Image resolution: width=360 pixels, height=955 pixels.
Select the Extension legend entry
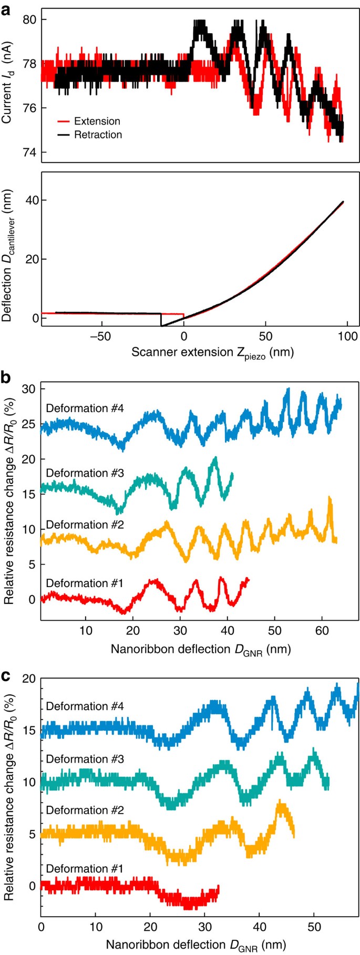pos(97,121)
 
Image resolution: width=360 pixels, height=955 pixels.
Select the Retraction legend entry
pos(98,135)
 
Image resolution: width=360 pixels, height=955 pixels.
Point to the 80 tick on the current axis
pos(30,20)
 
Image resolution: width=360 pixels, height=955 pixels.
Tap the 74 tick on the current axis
pos(30,152)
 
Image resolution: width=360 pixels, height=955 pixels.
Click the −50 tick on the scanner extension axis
pos(99,336)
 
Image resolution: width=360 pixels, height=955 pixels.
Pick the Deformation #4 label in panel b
pos(85,408)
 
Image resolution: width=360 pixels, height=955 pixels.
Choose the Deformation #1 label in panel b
pos(85,583)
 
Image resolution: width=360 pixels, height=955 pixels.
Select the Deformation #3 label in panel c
pos(85,758)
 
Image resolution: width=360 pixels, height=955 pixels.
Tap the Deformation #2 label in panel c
pos(85,810)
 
